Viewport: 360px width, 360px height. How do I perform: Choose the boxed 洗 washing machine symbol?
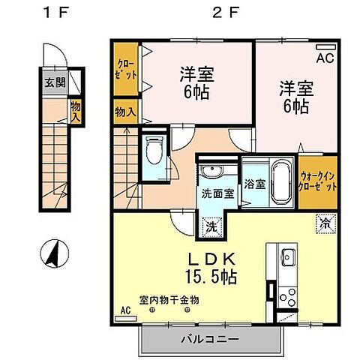click(x=212, y=224)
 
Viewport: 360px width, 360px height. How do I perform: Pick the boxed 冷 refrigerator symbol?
click(x=325, y=223)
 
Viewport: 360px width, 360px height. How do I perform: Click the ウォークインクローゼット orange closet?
click(x=318, y=181)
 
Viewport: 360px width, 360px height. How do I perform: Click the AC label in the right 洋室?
click(x=325, y=58)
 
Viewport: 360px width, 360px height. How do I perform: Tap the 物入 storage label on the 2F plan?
click(x=125, y=112)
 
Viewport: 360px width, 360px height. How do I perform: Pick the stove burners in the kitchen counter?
click(x=286, y=298)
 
